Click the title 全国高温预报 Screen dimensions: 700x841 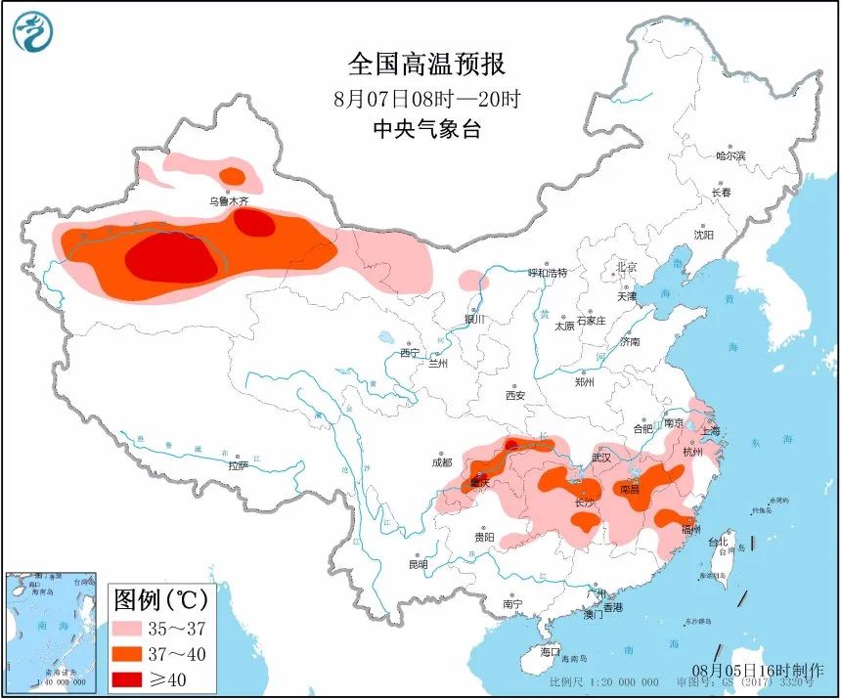tap(426, 65)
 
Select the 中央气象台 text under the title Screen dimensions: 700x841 tap(426, 129)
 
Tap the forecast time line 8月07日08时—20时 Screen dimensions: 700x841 tap(426, 99)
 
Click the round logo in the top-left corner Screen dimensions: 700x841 tap(33, 32)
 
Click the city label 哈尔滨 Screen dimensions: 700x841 tap(730, 155)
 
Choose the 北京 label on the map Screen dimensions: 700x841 tap(626, 267)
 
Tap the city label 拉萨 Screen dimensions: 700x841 tap(240, 466)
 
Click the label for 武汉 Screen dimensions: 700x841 tap(600, 458)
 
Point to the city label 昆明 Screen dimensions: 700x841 tap(419, 564)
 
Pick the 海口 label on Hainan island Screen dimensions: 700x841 tap(551, 651)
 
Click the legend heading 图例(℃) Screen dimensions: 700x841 tap(156, 596)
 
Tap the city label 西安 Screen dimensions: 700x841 tap(515, 395)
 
